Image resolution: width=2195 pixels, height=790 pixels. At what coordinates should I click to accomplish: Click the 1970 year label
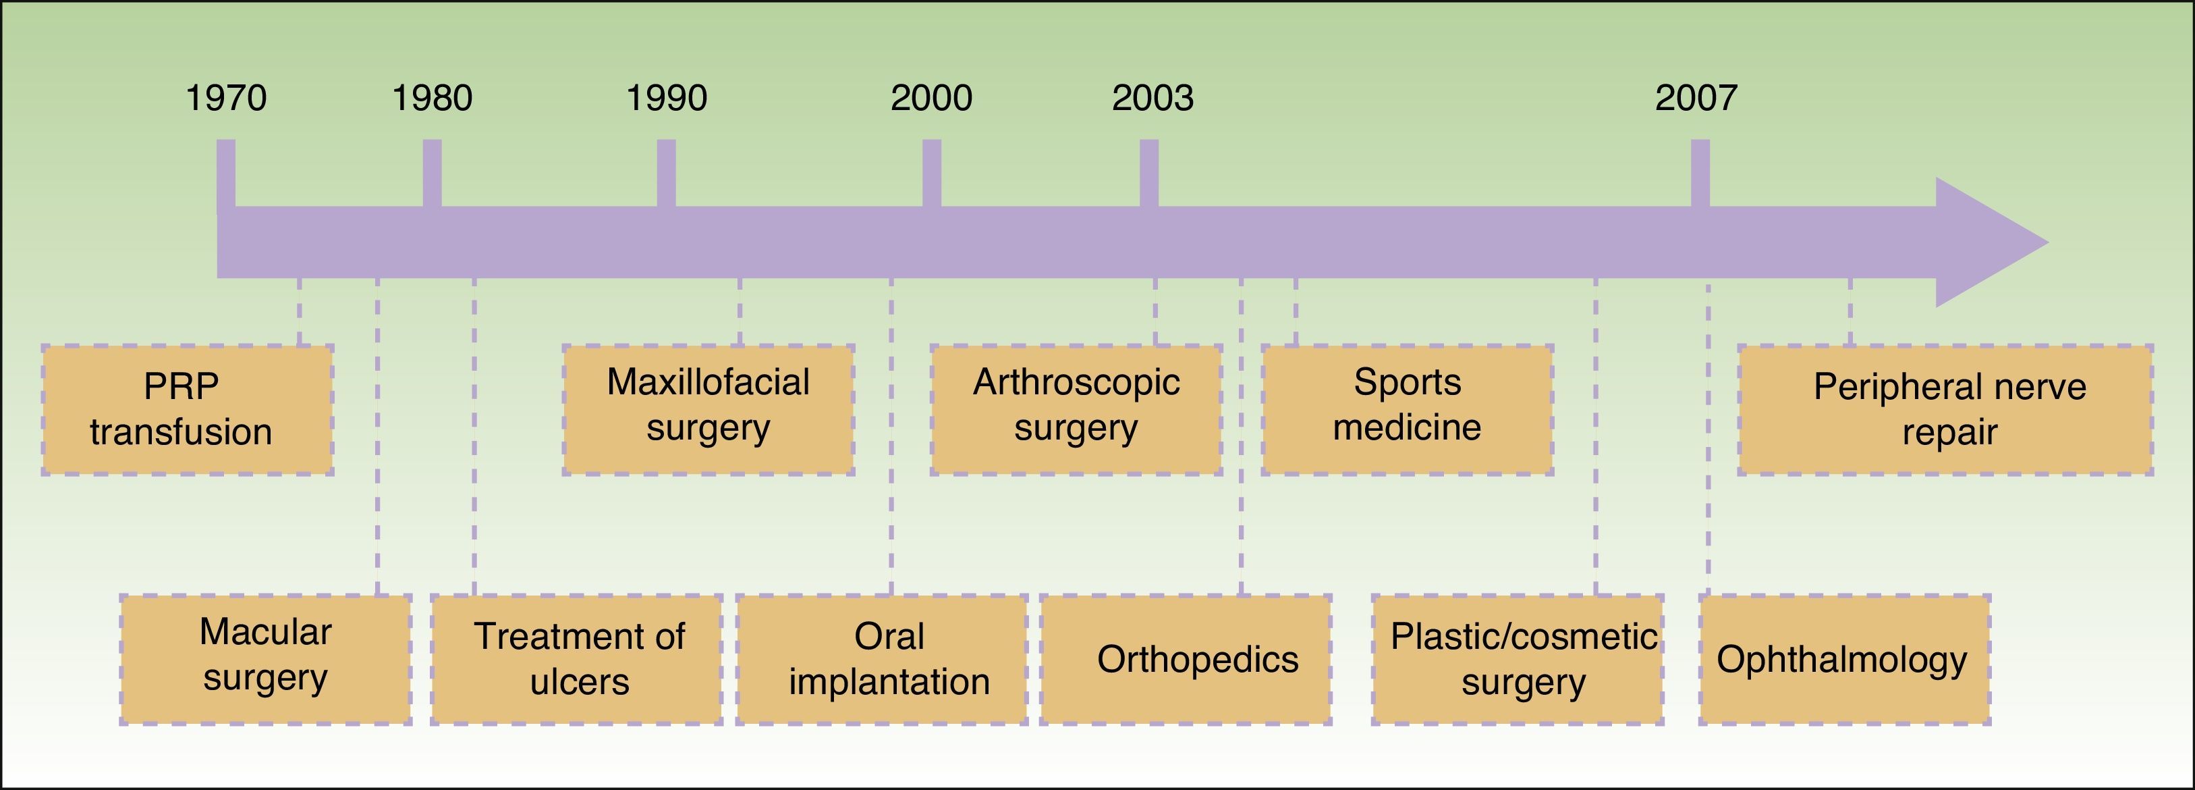coord(226,98)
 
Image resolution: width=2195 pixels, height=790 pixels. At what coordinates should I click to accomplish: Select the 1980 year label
coord(432,98)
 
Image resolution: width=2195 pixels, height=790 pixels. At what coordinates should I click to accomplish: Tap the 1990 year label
coord(667,98)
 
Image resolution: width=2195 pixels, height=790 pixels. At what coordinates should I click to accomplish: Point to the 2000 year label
coord(931,98)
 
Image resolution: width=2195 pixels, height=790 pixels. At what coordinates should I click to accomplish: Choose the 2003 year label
coord(1153,98)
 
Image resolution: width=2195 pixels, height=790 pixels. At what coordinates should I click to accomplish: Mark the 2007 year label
coord(1696,98)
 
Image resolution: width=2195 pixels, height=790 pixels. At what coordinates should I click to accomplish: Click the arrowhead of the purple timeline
coord(1985,242)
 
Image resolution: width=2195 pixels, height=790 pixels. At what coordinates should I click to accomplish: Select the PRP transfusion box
coord(187,410)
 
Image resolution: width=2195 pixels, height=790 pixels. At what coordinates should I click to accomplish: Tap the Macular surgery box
coord(266,659)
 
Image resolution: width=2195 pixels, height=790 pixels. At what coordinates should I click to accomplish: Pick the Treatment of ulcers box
coord(577,659)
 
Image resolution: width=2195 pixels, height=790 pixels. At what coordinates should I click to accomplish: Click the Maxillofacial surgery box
coord(708,410)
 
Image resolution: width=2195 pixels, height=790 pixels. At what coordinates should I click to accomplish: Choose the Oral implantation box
coord(882,659)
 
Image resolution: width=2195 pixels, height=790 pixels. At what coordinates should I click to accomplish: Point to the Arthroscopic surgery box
coord(1076,410)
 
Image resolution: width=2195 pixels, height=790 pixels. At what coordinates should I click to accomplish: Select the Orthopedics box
coord(1186,659)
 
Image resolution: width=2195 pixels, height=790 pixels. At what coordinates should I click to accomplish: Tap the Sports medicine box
coord(1407,410)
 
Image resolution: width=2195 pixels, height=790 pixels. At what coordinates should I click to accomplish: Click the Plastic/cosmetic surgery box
coord(1518,659)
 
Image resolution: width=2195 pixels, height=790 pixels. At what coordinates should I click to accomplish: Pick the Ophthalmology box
coord(1845,659)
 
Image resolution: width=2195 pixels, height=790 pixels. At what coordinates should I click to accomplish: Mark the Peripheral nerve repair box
coord(1945,410)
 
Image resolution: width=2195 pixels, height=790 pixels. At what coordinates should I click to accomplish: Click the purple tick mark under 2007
coord(1700,173)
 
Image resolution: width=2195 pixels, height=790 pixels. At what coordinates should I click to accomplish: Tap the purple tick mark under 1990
coord(667,173)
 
